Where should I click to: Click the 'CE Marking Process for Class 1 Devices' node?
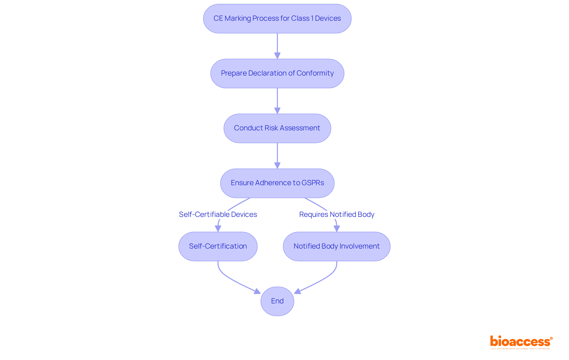[x=277, y=19]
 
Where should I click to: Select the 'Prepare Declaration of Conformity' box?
[x=277, y=73]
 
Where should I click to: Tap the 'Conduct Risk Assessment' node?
[x=277, y=128]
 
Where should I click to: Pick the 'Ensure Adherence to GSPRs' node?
[x=277, y=183]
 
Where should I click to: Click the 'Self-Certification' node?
[x=218, y=246]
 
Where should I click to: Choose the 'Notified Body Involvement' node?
[x=337, y=246]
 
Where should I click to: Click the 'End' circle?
[x=277, y=301]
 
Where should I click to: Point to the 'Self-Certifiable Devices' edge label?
[x=218, y=215]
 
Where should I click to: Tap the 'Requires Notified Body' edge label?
[x=337, y=215]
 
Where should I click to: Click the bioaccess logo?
[x=521, y=342]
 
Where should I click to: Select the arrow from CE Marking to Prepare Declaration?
[x=277, y=44]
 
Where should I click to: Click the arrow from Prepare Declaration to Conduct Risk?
[x=277, y=99]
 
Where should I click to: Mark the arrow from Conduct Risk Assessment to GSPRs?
[x=277, y=154]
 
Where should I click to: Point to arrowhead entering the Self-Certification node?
[x=218, y=228]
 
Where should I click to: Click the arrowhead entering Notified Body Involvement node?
[x=337, y=228]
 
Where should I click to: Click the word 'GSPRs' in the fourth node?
[x=313, y=183]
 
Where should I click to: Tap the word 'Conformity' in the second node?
[x=315, y=73]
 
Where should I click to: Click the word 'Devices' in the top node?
[x=328, y=18]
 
